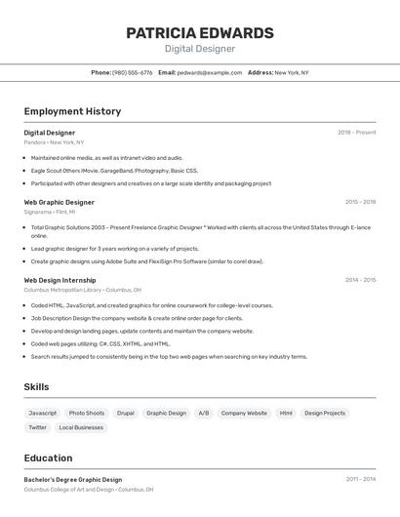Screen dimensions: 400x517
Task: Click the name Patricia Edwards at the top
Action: (x=199, y=33)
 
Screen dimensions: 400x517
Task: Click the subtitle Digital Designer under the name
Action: (x=199, y=49)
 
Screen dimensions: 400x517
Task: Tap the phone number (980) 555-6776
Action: (x=133, y=72)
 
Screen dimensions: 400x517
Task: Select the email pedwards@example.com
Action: (x=209, y=72)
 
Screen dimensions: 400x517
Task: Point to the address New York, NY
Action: (x=291, y=72)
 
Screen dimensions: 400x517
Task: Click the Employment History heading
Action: (x=72, y=111)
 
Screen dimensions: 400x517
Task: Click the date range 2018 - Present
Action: (x=356, y=133)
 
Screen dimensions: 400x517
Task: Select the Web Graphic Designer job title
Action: (x=60, y=202)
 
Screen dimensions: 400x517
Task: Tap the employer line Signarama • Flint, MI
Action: (x=50, y=212)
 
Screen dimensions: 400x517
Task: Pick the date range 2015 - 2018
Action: (x=360, y=202)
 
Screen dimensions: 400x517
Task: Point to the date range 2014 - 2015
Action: (x=360, y=280)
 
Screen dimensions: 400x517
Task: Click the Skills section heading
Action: (x=36, y=387)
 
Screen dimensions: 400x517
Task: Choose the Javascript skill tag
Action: (x=43, y=413)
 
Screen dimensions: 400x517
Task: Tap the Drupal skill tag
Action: (x=126, y=413)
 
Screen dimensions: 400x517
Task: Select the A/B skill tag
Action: (x=204, y=413)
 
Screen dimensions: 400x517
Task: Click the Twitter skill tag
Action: (x=37, y=427)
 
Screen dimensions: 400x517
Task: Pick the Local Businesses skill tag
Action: (x=81, y=427)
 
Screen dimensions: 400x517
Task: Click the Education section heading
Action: (x=48, y=458)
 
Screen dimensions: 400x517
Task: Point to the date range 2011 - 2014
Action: (x=360, y=480)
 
